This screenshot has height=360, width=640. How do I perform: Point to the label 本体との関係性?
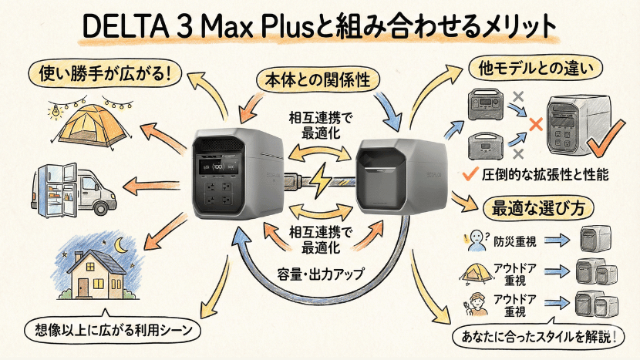tap(319, 79)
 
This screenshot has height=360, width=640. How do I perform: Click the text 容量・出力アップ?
tap(319, 271)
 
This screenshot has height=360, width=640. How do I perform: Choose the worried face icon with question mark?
tap(472, 240)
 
